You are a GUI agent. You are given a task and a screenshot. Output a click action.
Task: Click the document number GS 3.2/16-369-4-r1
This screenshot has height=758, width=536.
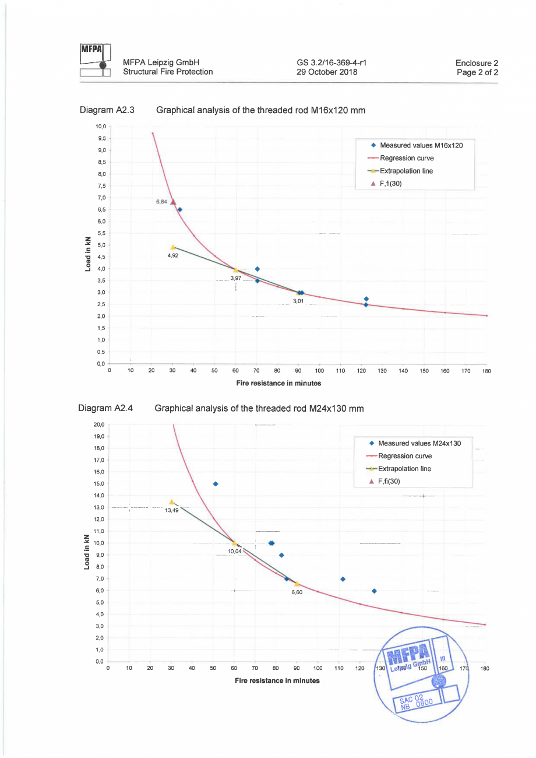click(x=331, y=62)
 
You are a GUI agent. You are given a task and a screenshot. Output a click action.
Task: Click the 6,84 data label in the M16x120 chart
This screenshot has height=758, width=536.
click(x=162, y=202)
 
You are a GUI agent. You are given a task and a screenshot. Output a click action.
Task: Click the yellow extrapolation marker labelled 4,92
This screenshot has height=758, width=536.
click(x=172, y=247)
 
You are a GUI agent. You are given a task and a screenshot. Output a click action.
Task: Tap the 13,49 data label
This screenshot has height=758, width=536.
click(x=172, y=510)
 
